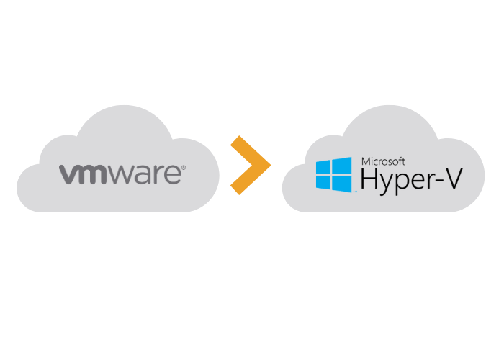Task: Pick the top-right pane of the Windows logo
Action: [x=342, y=165]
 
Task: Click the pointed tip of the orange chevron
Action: [x=270, y=166]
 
